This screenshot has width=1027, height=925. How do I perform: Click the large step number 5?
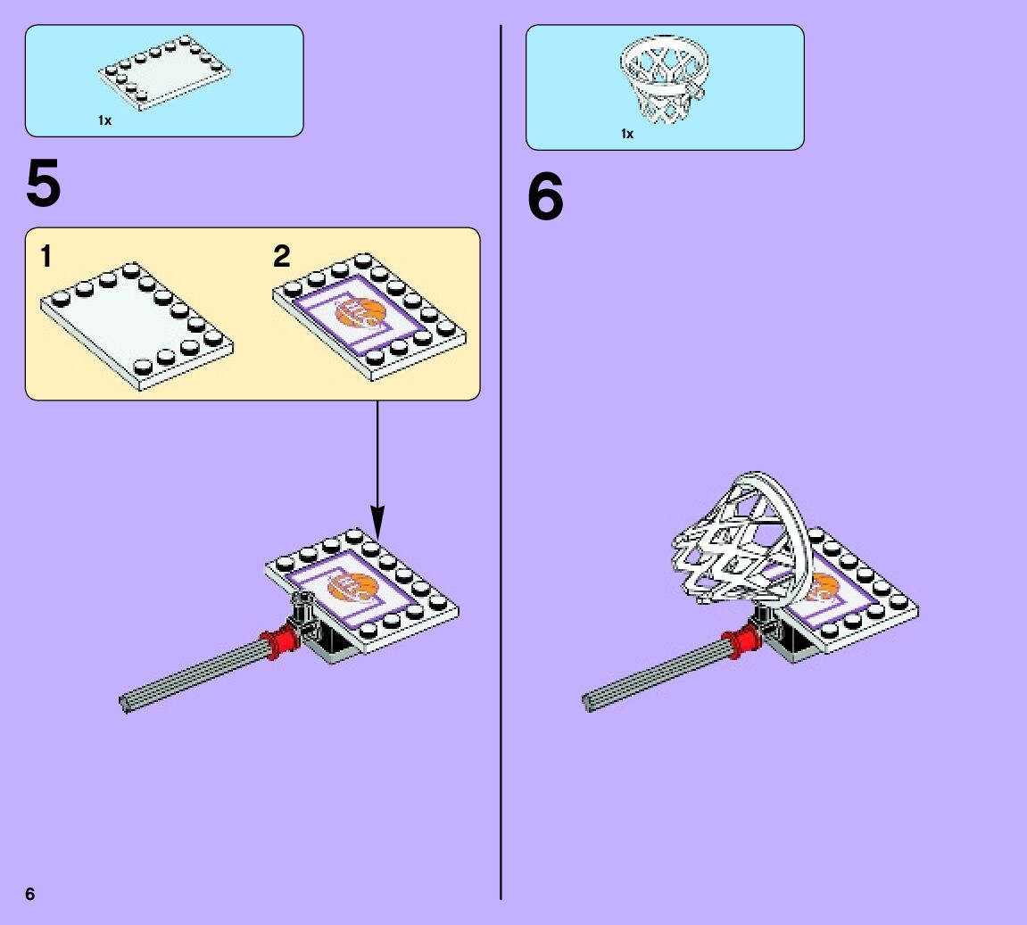(x=44, y=185)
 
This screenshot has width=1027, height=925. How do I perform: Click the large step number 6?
(x=545, y=198)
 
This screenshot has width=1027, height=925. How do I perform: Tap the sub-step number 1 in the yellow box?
(x=46, y=258)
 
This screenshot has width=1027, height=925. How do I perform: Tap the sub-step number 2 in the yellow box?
(x=282, y=257)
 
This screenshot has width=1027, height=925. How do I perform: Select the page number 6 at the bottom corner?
(x=30, y=895)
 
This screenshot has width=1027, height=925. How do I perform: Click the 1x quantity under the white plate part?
(x=104, y=120)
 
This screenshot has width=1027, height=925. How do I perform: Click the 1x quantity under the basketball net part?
(x=627, y=134)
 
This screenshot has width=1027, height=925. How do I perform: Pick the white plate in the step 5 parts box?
(x=165, y=74)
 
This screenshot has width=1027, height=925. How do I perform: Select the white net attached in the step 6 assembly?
(x=736, y=544)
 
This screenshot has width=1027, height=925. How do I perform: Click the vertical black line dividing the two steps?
(x=501, y=535)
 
